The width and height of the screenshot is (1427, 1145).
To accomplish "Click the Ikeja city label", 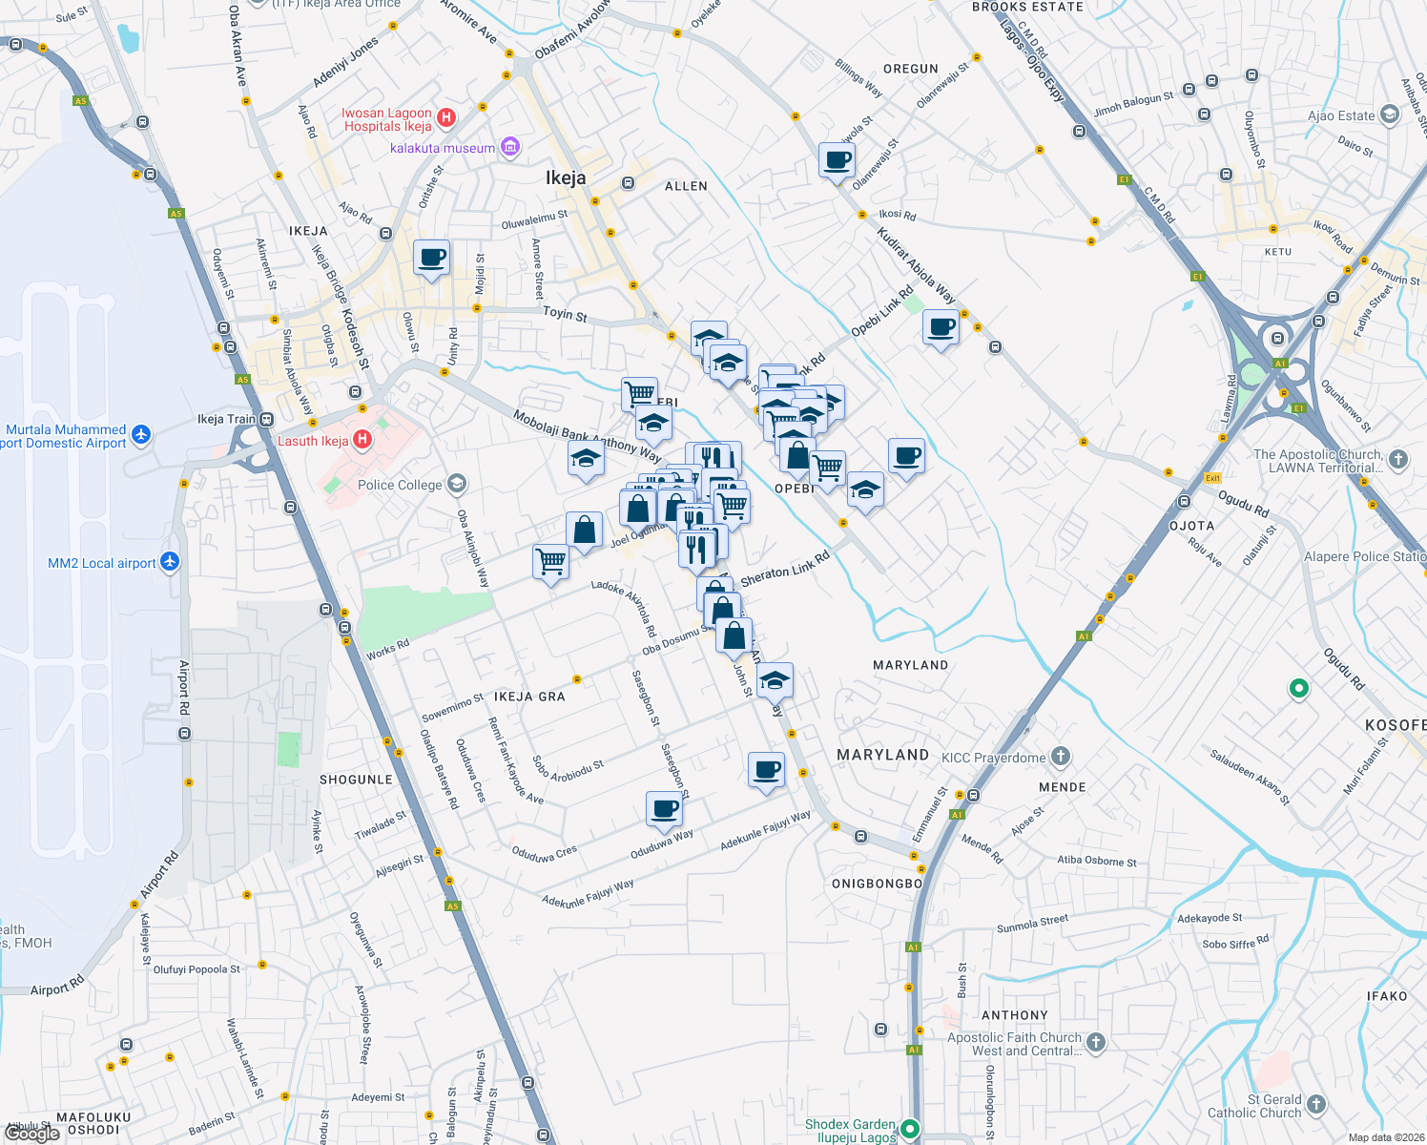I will pyautogui.click(x=566, y=177).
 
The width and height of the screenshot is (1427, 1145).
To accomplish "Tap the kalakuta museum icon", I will pyautogui.click(x=510, y=147).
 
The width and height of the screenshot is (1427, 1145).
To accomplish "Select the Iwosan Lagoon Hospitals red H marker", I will pyautogui.click(x=446, y=118).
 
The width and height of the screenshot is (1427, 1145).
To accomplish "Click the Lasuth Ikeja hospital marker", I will pyautogui.click(x=362, y=440).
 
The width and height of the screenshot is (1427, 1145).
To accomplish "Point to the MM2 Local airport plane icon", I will pyautogui.click(x=170, y=561).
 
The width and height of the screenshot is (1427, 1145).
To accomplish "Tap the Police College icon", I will pyautogui.click(x=457, y=484).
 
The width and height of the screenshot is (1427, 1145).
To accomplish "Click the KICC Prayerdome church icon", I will pyautogui.click(x=1061, y=758).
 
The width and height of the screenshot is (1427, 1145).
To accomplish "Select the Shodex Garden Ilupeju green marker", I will pyautogui.click(x=910, y=1130).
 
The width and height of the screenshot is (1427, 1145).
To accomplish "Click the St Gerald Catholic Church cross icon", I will pyautogui.click(x=1316, y=1105).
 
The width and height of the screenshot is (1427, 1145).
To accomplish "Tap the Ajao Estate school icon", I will pyautogui.click(x=1389, y=115).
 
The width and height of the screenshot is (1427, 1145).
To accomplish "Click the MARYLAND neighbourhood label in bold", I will pyautogui.click(x=882, y=755).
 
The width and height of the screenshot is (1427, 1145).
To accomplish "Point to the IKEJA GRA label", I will pyautogui.click(x=529, y=697).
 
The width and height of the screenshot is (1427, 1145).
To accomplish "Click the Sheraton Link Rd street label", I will pyautogui.click(x=784, y=570).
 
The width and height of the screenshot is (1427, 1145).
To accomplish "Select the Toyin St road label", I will pyautogui.click(x=565, y=313).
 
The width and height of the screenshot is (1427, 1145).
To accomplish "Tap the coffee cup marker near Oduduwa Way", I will pyautogui.click(x=664, y=808).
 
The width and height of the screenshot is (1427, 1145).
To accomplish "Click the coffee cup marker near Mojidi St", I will pyautogui.click(x=431, y=258).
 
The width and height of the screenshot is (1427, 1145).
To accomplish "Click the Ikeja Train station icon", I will pyautogui.click(x=267, y=419).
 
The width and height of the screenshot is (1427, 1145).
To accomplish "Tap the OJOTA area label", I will pyautogui.click(x=1191, y=526).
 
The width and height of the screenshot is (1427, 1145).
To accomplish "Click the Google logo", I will pyautogui.click(x=33, y=1133).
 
